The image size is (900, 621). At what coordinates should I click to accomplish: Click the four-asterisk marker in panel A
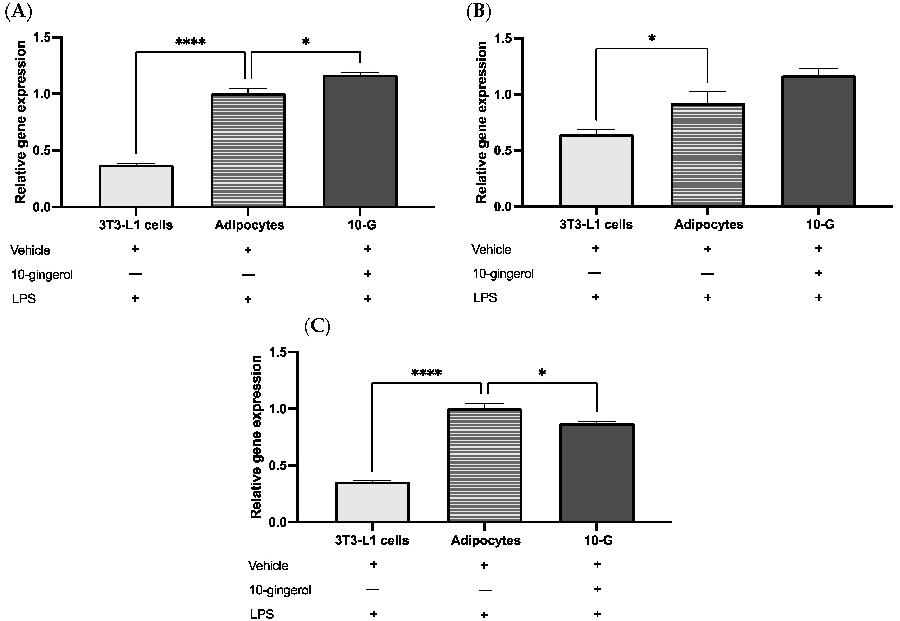(190, 42)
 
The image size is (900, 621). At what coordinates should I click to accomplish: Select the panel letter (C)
(317, 326)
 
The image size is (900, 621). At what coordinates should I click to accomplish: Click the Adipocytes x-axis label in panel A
(249, 225)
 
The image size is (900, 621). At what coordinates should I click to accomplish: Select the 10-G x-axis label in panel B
(820, 225)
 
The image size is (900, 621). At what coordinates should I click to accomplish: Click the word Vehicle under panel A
(30, 250)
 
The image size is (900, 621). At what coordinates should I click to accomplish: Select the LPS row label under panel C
(262, 614)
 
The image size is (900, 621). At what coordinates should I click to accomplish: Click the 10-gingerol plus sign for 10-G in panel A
(367, 274)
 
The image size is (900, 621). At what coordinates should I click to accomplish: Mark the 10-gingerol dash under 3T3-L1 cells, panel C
(373, 589)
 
